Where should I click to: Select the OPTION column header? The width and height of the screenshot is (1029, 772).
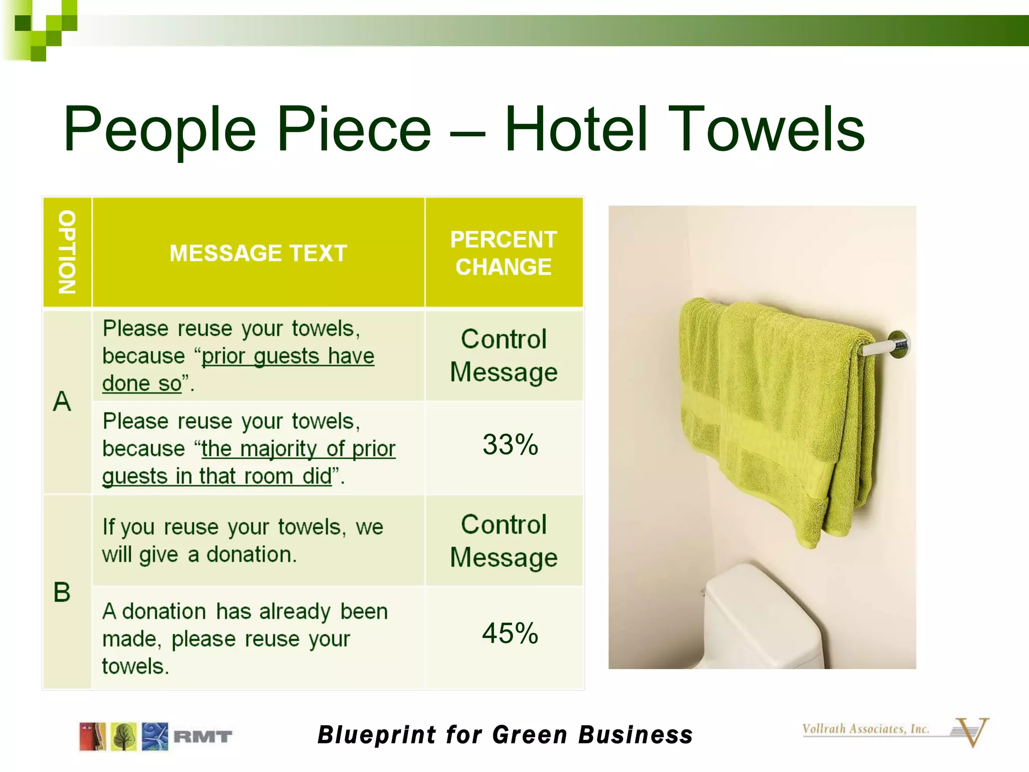tap(67, 252)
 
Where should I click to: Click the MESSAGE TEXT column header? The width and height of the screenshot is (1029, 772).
tap(258, 253)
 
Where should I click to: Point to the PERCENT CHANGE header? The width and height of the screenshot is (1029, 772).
tap(503, 253)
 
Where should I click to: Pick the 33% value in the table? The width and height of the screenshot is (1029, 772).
tap(510, 444)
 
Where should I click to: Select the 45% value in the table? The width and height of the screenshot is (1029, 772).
tap(510, 633)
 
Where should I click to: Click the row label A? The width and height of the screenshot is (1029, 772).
tap(62, 402)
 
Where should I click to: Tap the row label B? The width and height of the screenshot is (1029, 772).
tap(62, 592)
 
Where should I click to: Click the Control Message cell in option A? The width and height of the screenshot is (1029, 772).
tap(503, 355)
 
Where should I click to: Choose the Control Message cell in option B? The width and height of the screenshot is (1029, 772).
tap(503, 541)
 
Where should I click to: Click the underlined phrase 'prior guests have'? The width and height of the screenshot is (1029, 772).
tap(288, 356)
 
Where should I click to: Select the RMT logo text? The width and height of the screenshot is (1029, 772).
tap(202, 737)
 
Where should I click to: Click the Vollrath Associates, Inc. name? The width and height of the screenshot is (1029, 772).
tap(865, 729)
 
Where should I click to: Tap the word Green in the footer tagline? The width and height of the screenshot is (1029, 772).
tap(530, 735)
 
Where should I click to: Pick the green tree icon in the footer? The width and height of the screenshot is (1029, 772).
tap(124, 737)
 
